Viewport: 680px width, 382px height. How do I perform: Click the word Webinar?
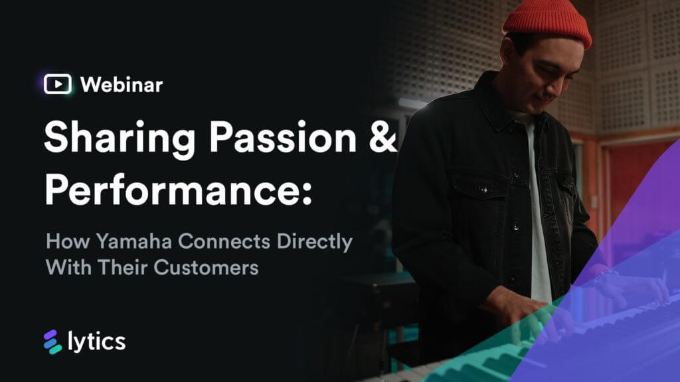(121, 84)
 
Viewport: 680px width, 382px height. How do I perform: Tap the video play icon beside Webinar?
(58, 84)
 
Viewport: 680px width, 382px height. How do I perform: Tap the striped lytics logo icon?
(52, 342)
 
